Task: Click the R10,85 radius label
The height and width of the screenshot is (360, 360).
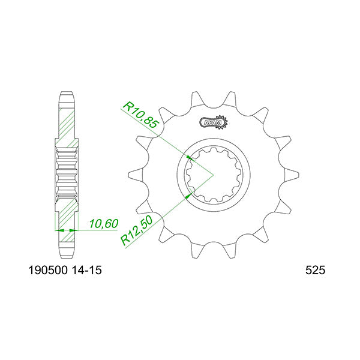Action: pyautogui.click(x=140, y=116)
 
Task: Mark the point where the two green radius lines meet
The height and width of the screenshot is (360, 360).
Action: pyautogui.click(x=213, y=175)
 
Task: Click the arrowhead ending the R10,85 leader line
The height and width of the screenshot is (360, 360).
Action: pyautogui.click(x=190, y=157)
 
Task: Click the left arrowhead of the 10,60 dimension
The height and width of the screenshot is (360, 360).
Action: pyautogui.click(x=58, y=229)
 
